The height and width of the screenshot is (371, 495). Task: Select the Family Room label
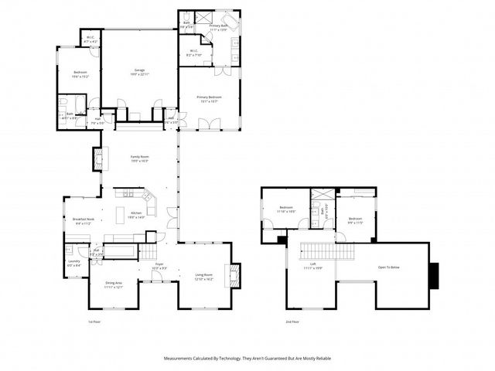tap(139, 158)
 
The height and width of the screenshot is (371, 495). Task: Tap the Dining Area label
tap(114, 284)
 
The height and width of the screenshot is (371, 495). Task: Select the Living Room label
tap(203, 276)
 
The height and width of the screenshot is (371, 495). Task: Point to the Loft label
tap(313, 266)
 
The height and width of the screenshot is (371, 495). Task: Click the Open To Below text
tap(388, 267)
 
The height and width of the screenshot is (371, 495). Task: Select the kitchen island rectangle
tap(121, 213)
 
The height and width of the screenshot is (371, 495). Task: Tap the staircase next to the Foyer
tap(148, 252)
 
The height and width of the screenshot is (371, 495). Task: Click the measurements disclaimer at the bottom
tap(247, 358)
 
